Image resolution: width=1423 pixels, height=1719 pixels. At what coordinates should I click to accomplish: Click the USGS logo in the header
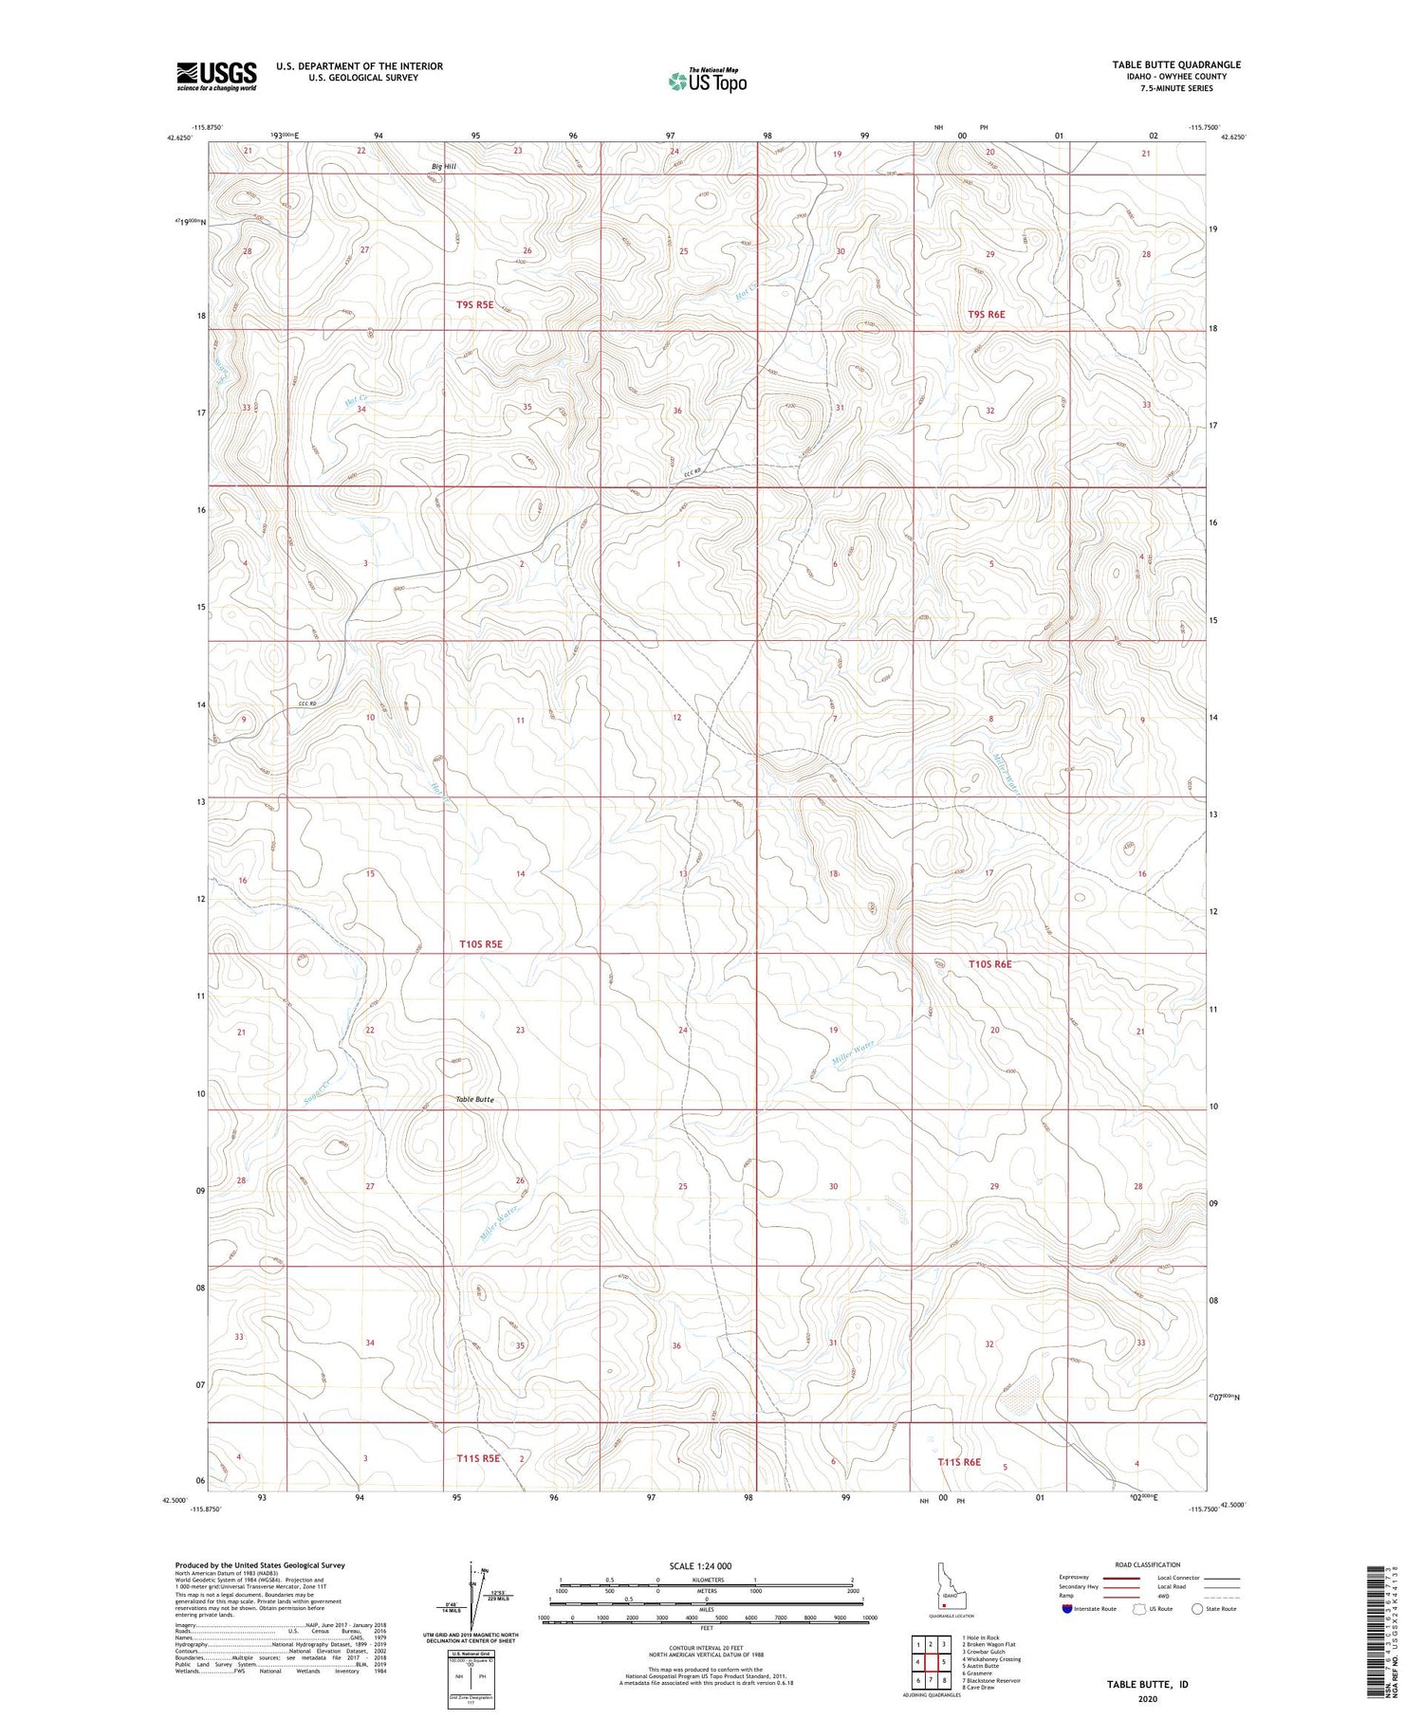tap(216, 76)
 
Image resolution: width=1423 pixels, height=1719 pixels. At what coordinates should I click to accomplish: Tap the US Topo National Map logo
tap(707, 81)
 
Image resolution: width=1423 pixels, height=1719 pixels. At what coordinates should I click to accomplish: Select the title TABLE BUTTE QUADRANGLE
tap(1176, 64)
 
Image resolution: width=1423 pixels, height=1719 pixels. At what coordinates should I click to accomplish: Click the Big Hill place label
tap(443, 167)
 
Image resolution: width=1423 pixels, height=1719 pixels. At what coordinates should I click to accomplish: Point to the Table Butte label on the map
tap(474, 1099)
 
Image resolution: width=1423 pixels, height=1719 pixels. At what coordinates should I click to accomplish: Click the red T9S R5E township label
tap(475, 304)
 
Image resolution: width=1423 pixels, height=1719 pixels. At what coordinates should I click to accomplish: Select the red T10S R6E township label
tap(989, 964)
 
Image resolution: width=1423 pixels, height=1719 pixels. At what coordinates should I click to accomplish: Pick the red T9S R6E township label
tap(986, 314)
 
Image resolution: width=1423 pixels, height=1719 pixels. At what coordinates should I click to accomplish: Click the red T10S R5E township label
tap(480, 944)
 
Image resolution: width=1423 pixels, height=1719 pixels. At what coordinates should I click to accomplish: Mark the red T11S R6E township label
tap(959, 1462)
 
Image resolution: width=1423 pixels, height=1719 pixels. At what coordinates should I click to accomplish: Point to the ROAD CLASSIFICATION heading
tap(1148, 1564)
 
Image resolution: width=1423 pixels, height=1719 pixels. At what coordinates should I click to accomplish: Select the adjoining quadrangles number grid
tap(932, 1661)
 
